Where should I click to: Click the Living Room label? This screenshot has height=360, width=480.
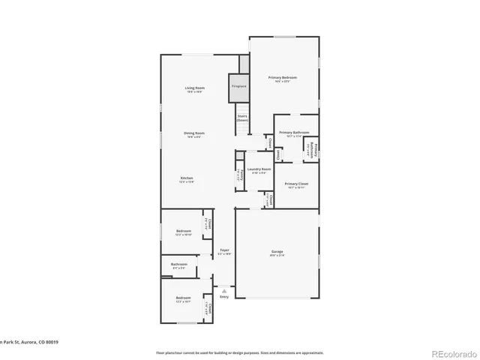coord(195,89)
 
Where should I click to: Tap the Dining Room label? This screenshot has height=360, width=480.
coord(195,134)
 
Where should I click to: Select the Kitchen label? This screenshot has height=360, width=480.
coord(187,179)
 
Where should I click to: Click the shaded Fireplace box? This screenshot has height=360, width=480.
coord(238,86)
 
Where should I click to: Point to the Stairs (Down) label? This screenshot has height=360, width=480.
coord(242,118)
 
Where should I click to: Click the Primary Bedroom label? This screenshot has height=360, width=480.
coord(283,79)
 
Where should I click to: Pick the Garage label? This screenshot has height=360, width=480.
coord(277,253)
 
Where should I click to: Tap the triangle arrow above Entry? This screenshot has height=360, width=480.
coord(223,289)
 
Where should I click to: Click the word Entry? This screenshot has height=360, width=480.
coord(223,297)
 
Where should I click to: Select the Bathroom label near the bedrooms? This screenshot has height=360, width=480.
coord(178,265)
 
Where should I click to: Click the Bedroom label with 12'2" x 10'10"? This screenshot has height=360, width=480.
coord(184,232)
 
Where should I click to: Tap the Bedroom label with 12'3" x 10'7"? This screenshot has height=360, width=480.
coord(184,299)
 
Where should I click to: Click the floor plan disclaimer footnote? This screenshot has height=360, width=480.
coord(239,352)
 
